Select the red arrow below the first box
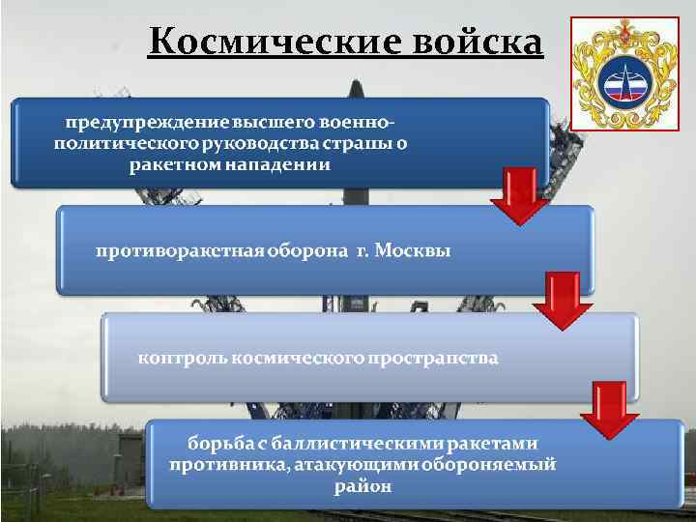click(x=519, y=196)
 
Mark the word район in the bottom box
click(x=363, y=486)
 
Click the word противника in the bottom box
click(x=221, y=465)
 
